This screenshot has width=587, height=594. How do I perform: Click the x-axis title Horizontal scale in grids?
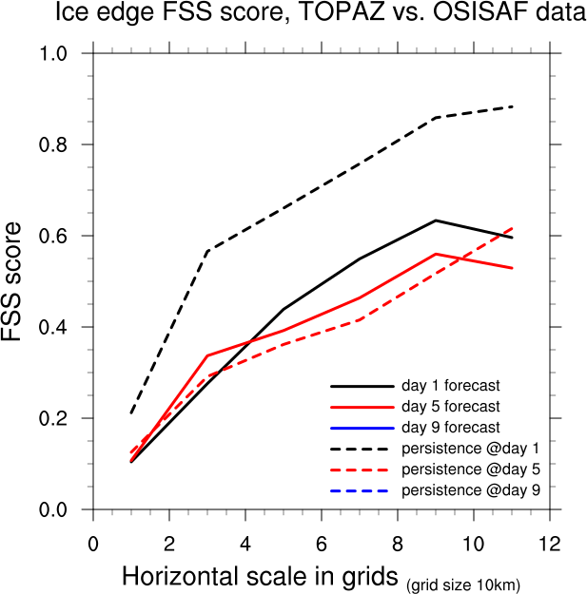pyautogui.click(x=262, y=577)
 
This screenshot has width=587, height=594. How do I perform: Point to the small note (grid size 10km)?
pyautogui.click(x=464, y=583)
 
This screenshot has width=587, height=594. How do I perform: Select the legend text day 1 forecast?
pyautogui.click(x=451, y=386)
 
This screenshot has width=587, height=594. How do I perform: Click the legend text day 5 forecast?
pyautogui.click(x=451, y=407)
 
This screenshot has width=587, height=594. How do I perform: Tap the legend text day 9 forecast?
pyautogui.click(x=451, y=428)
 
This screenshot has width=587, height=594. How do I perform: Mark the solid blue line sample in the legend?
pyautogui.click(x=362, y=428)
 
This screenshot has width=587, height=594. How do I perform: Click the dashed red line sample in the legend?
pyautogui.click(x=362, y=469)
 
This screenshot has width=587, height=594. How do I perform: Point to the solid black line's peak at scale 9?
pyautogui.click(x=436, y=220)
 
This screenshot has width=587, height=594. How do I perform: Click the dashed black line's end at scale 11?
pyautogui.click(x=512, y=106)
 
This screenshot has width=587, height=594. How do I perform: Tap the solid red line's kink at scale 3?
pyautogui.click(x=207, y=355)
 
